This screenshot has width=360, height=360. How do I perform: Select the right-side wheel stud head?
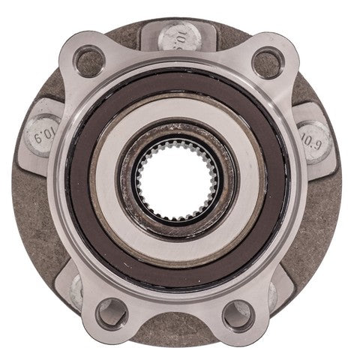(315, 135)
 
